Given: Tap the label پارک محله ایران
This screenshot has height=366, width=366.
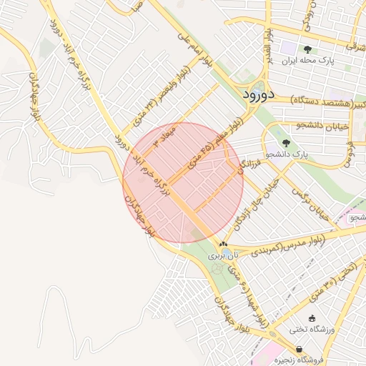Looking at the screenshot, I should (307, 61).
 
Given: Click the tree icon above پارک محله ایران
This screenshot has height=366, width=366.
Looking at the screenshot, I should (307, 49).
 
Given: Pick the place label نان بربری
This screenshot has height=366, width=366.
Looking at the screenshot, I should (222, 254).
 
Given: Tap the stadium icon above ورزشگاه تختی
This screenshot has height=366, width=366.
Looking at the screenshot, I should (312, 318).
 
